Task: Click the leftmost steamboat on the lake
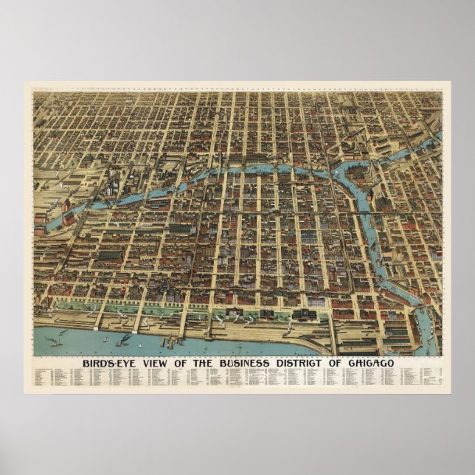(54, 341)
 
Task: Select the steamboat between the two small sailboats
(124, 339)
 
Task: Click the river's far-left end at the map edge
(37, 226)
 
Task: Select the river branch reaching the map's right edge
(437, 136)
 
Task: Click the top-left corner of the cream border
(26, 83)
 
